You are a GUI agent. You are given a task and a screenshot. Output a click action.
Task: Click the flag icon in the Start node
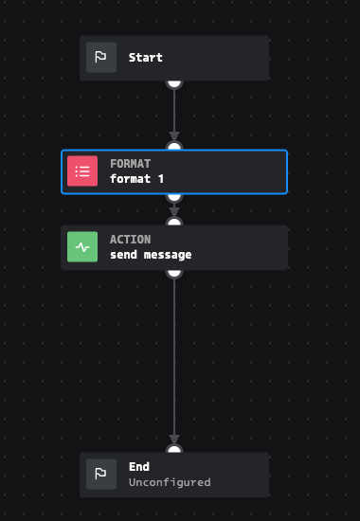pyautogui.click(x=101, y=57)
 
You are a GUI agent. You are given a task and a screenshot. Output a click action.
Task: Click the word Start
pyautogui.click(x=146, y=58)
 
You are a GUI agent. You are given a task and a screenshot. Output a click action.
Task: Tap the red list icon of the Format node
pyautogui.click(x=82, y=171)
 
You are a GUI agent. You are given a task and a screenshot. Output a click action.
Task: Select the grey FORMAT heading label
pyautogui.click(x=131, y=164)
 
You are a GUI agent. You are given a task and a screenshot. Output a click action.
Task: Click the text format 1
pyautogui.click(x=136, y=179)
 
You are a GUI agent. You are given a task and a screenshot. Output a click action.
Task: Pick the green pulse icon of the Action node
pyautogui.click(x=82, y=247)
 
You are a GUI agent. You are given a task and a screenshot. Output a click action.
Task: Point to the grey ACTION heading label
pyautogui.click(x=131, y=240)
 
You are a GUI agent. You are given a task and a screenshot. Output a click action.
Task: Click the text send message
pyautogui.click(x=151, y=255)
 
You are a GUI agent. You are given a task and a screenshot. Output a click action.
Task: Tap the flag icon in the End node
pyautogui.click(x=101, y=475)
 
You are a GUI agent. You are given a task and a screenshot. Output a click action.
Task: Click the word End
pyautogui.click(x=139, y=466)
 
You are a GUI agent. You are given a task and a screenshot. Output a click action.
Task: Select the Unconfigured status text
pyautogui.click(x=170, y=482)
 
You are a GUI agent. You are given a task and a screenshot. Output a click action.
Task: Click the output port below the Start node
pyautogui.click(x=174, y=83)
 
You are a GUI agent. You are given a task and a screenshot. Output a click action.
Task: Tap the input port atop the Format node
pyautogui.click(x=174, y=146)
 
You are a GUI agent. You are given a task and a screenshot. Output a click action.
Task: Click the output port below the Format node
pyautogui.click(x=174, y=197)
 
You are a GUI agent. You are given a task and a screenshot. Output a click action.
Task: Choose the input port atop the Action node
pyautogui.click(x=174, y=222)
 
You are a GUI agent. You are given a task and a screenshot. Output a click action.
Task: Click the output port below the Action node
pyautogui.click(x=174, y=273)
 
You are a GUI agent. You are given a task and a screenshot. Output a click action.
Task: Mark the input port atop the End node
pyautogui.click(x=174, y=449)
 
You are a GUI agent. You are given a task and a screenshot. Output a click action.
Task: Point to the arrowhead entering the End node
pyautogui.click(x=174, y=440)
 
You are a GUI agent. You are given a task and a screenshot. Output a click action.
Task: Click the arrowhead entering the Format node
pyautogui.click(x=174, y=136)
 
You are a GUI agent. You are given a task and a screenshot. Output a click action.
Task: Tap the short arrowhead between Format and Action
pyautogui.click(x=174, y=212)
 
